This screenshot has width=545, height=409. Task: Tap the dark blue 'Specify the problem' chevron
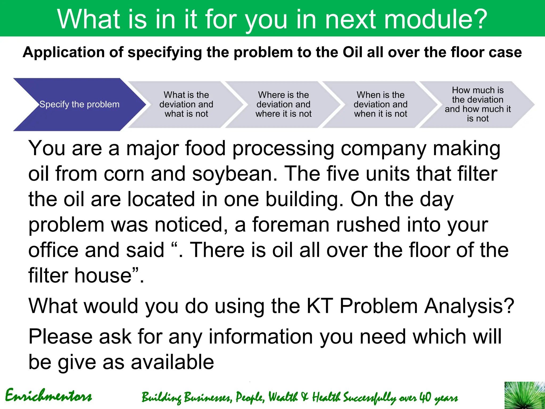[x=79, y=104]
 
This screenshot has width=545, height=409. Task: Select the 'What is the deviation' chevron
[x=186, y=104]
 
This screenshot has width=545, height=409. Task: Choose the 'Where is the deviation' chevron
[x=283, y=104]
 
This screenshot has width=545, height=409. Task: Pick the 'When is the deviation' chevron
[x=380, y=104]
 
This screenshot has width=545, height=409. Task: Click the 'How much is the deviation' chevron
[x=477, y=104]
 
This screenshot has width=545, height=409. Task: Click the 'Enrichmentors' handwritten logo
[x=48, y=396]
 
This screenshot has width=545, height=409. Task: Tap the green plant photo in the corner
[x=525, y=395]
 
